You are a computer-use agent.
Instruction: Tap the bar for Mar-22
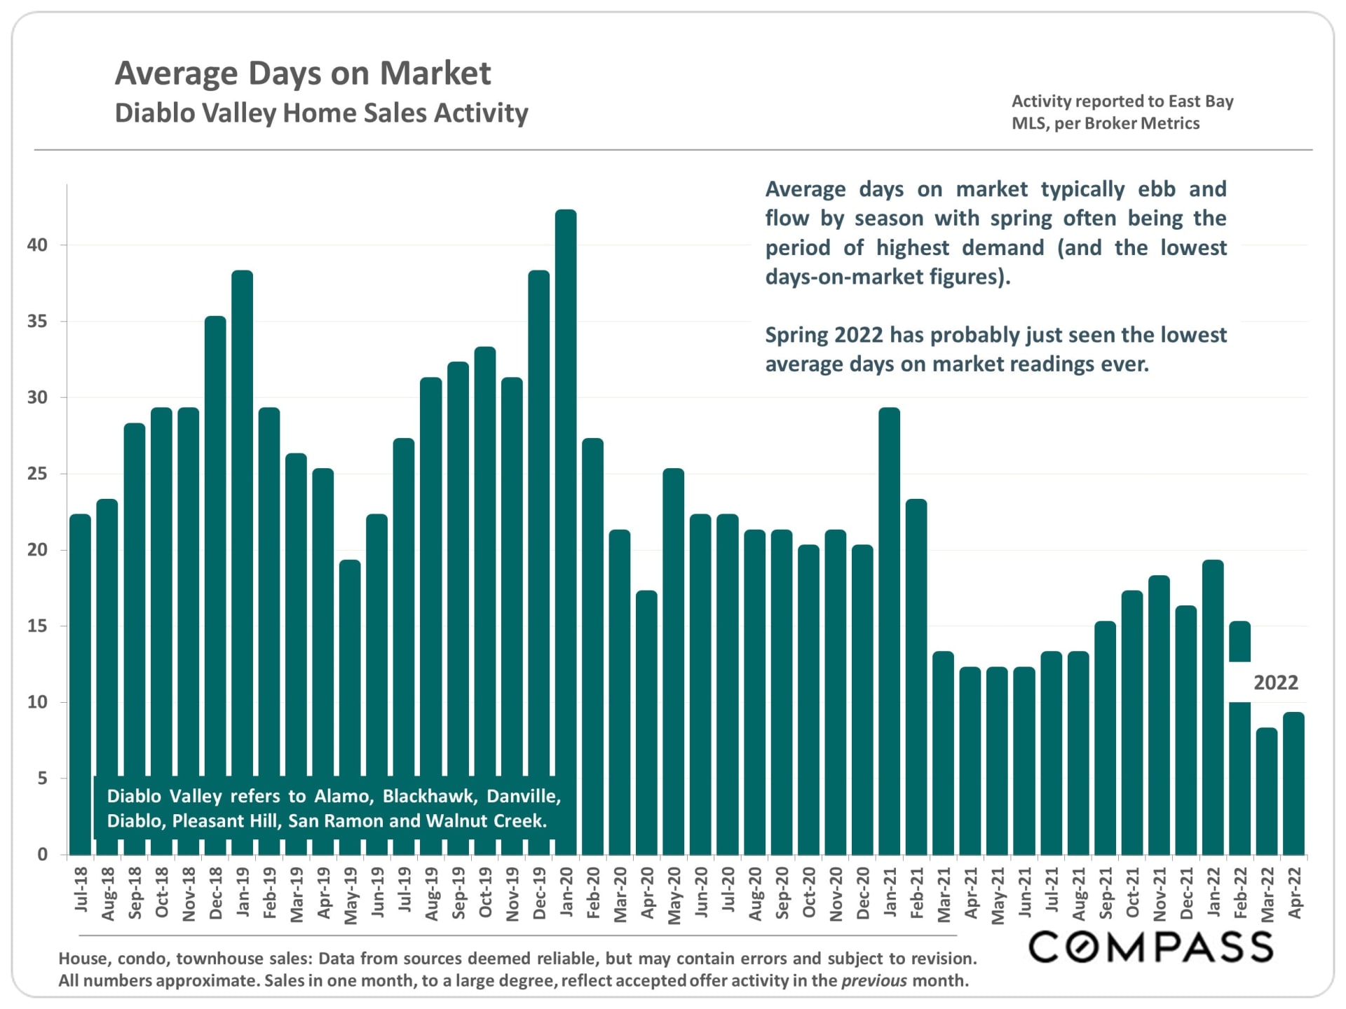(1267, 792)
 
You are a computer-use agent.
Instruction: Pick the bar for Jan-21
(889, 631)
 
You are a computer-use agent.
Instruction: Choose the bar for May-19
(350, 701)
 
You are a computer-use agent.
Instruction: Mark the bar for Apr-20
(646, 722)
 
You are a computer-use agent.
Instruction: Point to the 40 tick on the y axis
(38, 245)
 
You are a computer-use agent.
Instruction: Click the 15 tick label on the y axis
(38, 626)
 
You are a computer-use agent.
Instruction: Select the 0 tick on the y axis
(43, 854)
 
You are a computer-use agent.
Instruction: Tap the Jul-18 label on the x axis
(81, 890)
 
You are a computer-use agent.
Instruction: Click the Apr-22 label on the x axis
(1295, 893)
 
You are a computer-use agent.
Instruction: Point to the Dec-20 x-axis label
(863, 893)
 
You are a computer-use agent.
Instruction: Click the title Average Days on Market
(303, 73)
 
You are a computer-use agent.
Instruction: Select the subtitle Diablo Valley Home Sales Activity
(321, 113)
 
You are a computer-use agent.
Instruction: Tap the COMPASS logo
(1150, 947)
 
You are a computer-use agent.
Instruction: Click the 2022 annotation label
(1275, 682)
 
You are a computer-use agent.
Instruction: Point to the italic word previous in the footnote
(873, 981)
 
